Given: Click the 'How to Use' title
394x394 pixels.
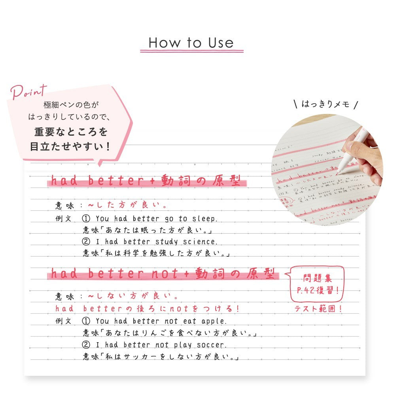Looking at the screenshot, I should click(191, 43).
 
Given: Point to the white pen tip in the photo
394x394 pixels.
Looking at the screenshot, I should click(339, 171).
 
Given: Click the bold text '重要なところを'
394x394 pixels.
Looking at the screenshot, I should click(71, 131).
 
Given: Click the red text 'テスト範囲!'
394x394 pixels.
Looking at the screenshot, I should click(318, 309).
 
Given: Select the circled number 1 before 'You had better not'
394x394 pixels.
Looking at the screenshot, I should click(87, 321).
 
